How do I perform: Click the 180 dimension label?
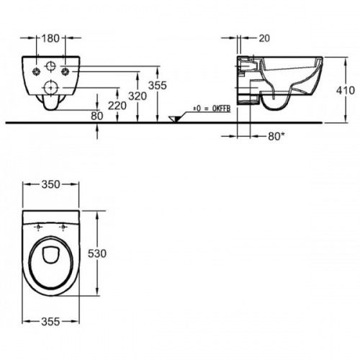50,38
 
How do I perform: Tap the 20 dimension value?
264,38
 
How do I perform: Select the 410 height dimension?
346,90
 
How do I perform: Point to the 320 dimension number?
138,96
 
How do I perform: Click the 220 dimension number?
117,106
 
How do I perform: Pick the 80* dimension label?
276,136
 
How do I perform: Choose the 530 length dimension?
97,253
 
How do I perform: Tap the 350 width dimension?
50,184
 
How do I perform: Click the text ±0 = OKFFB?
212,109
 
